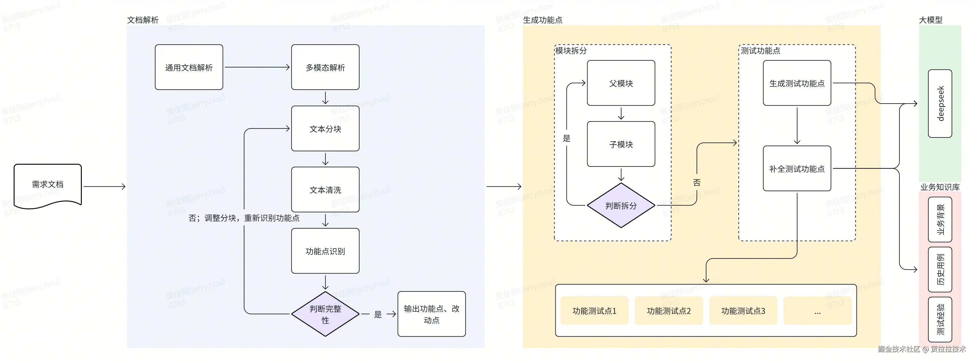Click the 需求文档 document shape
tap(48, 185)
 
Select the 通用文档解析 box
tap(189, 67)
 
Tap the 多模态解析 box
tap(325, 67)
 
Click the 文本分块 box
tap(325, 129)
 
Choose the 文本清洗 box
tap(325, 190)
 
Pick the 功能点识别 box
tap(325, 251)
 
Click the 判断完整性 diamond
tap(325, 314)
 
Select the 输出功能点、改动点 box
tap(432, 314)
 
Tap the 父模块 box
tap(621, 83)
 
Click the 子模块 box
tap(621, 144)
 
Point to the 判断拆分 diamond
tap(621, 205)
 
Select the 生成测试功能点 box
tap(797, 83)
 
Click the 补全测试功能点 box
tap(797, 169)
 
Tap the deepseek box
tap(940, 104)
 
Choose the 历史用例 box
tap(940, 270)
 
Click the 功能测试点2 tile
tap(668, 311)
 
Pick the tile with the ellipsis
tap(817, 311)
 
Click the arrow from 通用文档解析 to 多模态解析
tap(257, 67)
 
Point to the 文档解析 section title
tap(143, 20)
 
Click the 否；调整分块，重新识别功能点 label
tap(244, 218)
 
